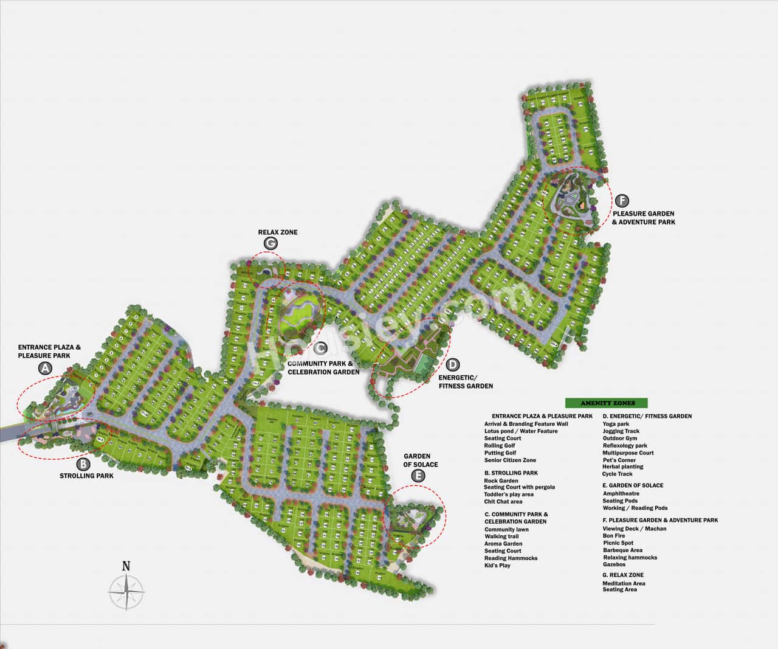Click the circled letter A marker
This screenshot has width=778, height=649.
pos(45,368)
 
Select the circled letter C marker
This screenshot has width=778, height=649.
pos(320,348)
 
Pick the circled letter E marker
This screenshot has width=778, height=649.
pos(418,476)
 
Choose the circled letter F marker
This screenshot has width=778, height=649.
pos(621,200)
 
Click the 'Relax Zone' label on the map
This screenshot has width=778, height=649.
pos(278,232)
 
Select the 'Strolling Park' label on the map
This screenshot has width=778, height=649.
pos(86,476)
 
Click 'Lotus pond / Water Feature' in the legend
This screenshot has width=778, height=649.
pos(521,431)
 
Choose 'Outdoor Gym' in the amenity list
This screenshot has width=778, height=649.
pos(620,439)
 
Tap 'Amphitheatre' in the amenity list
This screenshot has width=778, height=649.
pos(621,494)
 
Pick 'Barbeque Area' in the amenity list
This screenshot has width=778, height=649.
pos(622,550)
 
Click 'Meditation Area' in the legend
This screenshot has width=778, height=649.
pos(624,583)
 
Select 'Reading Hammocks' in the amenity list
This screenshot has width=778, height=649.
pos(511,558)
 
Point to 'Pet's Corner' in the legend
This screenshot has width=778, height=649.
pos(619,460)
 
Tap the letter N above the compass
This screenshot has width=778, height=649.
pos(126,566)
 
